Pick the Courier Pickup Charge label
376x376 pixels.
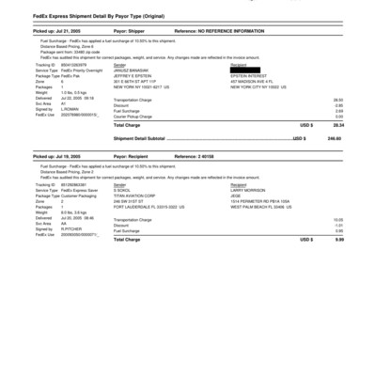coord(140,116)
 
